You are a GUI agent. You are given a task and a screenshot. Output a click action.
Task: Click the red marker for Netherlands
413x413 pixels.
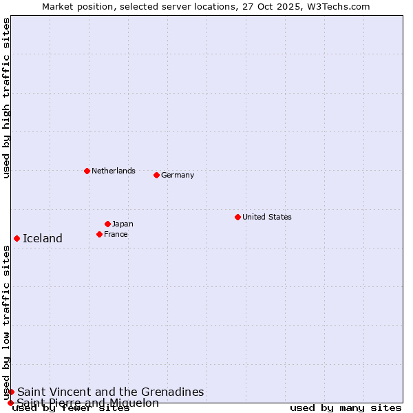[87, 171]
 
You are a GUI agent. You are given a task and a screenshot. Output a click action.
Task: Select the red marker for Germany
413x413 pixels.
[156, 175]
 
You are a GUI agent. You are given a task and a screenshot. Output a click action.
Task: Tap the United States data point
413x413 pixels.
[237, 217]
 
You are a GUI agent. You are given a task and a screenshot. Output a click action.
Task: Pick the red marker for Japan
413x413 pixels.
[107, 224]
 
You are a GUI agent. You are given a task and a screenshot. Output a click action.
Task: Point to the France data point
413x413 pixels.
[99, 234]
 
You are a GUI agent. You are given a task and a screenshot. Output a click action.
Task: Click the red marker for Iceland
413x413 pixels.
[17, 238]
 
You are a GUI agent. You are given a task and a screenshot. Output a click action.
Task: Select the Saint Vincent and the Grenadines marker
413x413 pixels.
[11, 392]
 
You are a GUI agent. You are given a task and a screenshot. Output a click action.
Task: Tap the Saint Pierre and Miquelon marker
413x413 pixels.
[10, 403]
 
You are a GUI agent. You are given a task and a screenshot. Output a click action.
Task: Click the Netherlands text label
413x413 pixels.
[114, 171]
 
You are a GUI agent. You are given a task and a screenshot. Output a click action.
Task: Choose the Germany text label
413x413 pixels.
[178, 175]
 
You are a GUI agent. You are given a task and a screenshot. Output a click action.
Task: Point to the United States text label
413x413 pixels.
[267, 217]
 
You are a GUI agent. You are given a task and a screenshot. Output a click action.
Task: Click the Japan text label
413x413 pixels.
[123, 224]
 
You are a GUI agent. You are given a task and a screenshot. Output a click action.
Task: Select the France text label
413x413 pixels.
[116, 234]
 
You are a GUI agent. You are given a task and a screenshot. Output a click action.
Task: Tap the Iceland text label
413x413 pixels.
[43, 238]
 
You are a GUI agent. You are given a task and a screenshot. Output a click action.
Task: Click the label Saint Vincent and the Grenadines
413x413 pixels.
[111, 392]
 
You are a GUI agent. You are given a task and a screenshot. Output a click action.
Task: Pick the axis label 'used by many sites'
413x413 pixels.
[346, 408]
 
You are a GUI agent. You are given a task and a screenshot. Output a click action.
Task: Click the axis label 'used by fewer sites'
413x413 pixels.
[72, 408]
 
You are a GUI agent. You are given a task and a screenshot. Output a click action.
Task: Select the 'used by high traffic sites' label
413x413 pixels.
[6, 98]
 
